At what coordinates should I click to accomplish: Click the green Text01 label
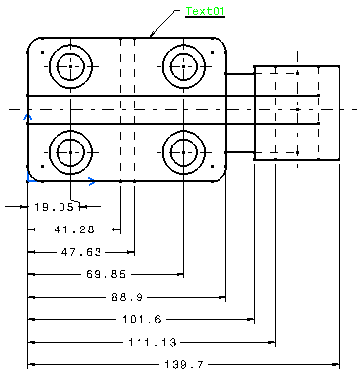coord(205,11)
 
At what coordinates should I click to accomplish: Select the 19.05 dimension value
coord(55,207)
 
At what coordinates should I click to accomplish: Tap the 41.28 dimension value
coord(74,229)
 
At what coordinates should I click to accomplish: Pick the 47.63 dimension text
coord(81,252)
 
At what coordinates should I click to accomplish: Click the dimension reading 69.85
coord(105,274)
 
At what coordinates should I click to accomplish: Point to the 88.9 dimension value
coord(127,297)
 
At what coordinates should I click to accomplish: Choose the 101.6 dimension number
coord(141,319)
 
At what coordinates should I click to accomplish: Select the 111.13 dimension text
coord(152,342)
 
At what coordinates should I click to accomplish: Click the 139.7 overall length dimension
coord(183,364)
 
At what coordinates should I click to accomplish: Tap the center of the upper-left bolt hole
coord(70,66)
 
